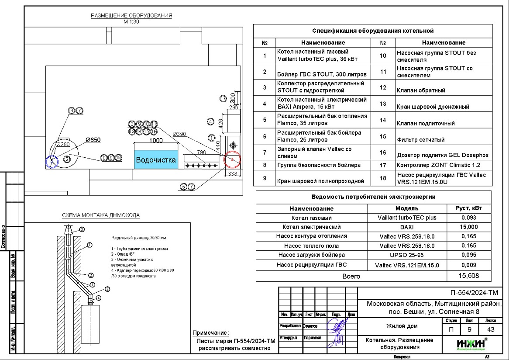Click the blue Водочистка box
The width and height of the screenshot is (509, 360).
coord(156,160)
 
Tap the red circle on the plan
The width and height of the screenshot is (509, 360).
coord(232,160)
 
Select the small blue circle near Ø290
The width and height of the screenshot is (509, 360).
coord(52,161)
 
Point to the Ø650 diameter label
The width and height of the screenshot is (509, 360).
coord(93,140)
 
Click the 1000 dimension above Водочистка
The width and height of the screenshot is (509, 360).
coord(156,140)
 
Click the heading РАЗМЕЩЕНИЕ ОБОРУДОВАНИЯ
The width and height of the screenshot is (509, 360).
coord(131,15)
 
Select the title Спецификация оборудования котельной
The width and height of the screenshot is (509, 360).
coord(373,31)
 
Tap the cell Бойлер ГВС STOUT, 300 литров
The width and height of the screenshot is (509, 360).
coord(322,74)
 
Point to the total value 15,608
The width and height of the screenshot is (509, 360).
coord(468,276)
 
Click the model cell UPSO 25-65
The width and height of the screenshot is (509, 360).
coord(407,255)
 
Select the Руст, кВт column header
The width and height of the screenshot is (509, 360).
coord(468,208)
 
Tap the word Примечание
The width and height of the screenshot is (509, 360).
coord(210,332)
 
